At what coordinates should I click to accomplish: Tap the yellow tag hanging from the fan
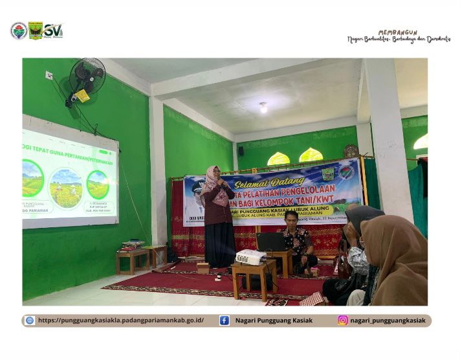pos(82,96)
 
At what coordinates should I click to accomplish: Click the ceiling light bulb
pos(263,107)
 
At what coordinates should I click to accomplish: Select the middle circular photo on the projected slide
pos(66,188)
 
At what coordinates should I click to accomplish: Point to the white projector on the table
pos(250,257)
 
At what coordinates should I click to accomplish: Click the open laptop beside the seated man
pos(272,242)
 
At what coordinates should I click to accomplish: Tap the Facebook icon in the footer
pos(224,320)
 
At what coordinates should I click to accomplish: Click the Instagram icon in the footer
pos(343,320)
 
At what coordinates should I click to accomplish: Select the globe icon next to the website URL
pos(30,320)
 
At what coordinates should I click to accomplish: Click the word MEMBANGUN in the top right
pos(397,32)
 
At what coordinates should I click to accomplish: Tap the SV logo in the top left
pos(54,30)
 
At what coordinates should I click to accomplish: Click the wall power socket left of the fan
pos(49,75)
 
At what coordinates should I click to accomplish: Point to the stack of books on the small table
pos(133,244)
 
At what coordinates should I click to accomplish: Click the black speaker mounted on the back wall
pos(241,151)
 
